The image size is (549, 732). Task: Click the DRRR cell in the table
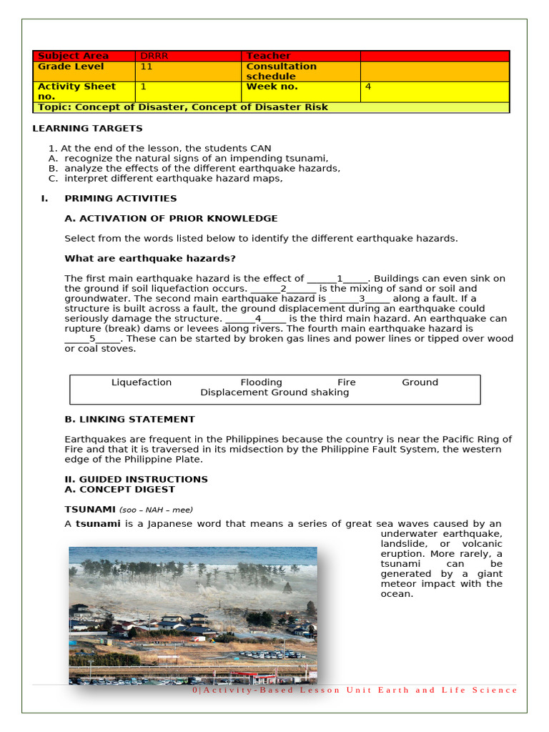154,56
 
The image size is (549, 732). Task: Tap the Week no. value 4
368,86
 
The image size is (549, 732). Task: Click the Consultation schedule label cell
281,71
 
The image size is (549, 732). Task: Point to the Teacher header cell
268,56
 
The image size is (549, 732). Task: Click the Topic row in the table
183,107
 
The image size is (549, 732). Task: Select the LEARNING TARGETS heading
87,129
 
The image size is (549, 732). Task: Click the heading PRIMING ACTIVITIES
120,199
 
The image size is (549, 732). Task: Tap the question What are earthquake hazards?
150,259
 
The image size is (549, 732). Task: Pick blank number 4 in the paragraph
257,319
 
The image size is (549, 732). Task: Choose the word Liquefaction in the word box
142,382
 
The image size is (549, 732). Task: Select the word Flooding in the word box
261,382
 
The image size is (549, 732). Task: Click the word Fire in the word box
346,382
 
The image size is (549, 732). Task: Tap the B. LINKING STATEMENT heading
129,420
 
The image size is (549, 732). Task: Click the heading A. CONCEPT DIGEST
119,490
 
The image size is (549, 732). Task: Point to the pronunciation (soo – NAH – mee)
156,510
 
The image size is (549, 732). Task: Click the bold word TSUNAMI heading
90,509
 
